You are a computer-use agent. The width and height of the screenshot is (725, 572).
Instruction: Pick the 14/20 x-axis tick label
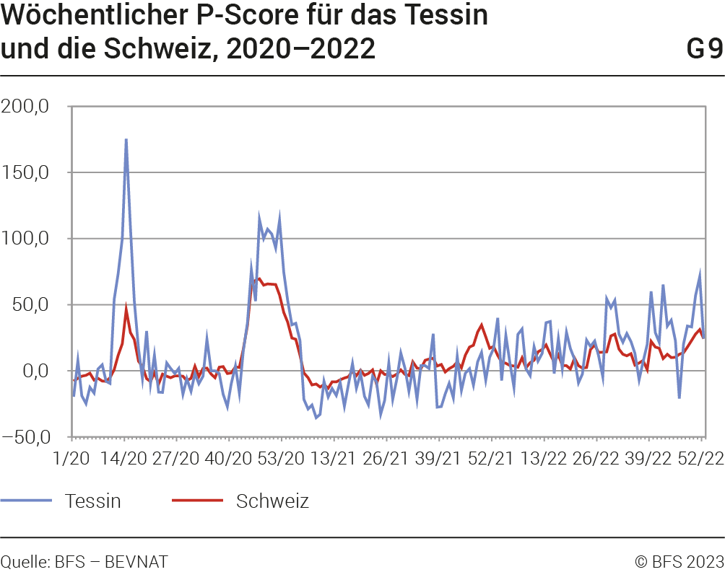pos(124,459)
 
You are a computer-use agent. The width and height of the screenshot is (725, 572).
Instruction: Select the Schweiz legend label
pos(272,501)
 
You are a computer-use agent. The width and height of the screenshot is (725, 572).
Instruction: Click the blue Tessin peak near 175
pos(126,140)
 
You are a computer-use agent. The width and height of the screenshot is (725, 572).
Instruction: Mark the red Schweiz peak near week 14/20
pos(126,308)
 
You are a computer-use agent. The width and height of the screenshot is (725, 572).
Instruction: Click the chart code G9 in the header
pos(704,49)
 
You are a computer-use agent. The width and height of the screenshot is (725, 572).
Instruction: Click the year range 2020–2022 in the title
pos(300,49)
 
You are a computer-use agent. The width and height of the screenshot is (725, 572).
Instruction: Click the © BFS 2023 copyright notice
pos(679,561)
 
